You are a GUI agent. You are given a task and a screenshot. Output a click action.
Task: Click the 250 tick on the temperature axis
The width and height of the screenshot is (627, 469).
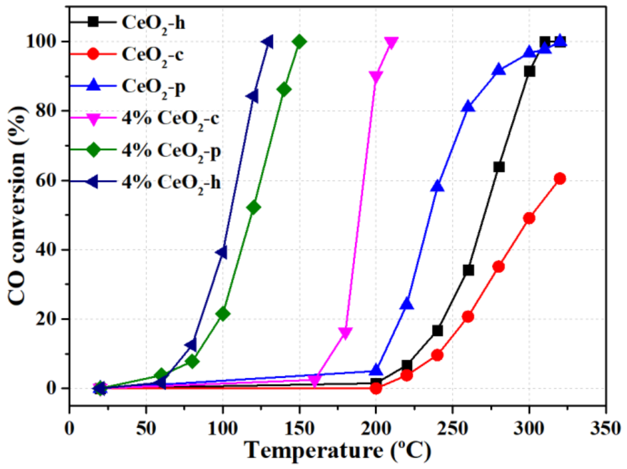[x=453, y=429]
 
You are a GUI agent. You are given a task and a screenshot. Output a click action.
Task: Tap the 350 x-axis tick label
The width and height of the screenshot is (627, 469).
[x=606, y=429]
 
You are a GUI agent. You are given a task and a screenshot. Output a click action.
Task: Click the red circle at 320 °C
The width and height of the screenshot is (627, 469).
[x=560, y=179]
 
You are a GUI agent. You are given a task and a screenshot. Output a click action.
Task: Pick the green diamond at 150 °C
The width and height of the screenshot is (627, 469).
[x=299, y=42]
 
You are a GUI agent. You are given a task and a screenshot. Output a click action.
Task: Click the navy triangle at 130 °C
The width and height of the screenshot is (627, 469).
[x=268, y=42]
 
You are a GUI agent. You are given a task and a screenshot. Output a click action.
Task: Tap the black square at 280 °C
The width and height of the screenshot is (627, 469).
[x=499, y=167]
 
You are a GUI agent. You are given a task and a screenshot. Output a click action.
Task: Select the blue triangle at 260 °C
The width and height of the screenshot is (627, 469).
[x=468, y=106]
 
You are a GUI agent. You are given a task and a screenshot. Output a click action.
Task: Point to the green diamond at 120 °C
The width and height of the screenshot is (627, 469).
[x=254, y=207]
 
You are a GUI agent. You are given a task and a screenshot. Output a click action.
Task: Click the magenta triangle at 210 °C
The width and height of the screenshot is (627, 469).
[x=391, y=43]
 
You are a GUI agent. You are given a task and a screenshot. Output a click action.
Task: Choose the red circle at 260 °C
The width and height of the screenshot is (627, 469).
[x=468, y=317]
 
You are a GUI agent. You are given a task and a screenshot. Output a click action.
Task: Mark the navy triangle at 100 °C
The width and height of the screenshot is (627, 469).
[x=222, y=252]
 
